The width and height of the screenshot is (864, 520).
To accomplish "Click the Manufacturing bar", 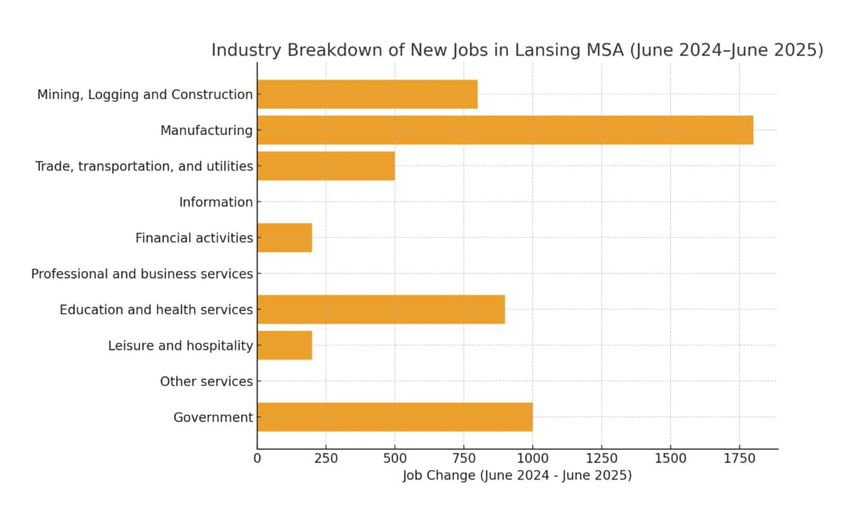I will (x=505, y=130).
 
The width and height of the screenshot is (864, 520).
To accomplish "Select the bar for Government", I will (x=394, y=417).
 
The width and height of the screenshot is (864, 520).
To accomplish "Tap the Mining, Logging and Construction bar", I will (x=367, y=94).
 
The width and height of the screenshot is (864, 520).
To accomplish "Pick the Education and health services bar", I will (x=381, y=309).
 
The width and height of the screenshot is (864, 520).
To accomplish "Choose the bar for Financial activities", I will (x=284, y=237).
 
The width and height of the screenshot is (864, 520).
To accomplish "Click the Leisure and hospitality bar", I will (x=284, y=345).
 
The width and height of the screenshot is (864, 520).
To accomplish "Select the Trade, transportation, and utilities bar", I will (x=326, y=166).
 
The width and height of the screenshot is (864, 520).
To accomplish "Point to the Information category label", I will (x=216, y=202).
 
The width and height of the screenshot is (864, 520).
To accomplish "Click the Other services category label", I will (x=206, y=382).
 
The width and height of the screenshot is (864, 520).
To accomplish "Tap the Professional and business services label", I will (x=142, y=274).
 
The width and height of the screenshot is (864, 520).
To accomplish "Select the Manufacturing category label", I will (x=206, y=130).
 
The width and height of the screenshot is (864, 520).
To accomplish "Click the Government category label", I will (x=212, y=418).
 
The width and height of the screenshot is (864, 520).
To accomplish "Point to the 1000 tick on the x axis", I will (x=532, y=458).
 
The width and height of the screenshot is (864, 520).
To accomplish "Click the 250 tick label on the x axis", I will (x=326, y=458).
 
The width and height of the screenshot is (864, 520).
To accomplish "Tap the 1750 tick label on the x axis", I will (x=739, y=458).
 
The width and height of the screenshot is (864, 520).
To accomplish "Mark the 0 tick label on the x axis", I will (x=257, y=458).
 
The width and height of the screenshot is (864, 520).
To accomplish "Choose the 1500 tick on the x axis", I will (x=670, y=458).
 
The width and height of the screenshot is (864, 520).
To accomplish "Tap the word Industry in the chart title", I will (x=243, y=51).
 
